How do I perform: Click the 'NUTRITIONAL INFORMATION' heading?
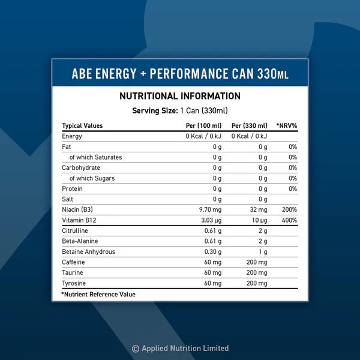coord(180,96)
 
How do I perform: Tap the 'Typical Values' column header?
coord(82,126)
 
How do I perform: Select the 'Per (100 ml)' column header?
coord(203,126)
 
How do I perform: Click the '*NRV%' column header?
coord(287,126)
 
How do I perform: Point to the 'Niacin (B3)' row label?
coord(78,210)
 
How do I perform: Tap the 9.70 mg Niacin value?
coord(210,210)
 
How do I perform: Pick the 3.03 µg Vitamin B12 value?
coord(210,220)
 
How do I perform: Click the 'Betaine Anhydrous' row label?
coord(88,252)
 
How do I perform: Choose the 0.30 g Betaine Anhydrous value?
coord(212,252)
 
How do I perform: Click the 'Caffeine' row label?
coord(73,262)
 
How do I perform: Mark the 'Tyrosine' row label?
coord(74,283)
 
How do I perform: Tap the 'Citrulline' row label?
coord(75,231)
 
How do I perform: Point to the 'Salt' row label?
coord(68,199)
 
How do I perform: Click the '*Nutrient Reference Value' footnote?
coord(98,295)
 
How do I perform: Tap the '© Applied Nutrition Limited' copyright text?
coord(180,348)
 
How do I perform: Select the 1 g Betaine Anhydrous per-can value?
coord(263,252)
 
